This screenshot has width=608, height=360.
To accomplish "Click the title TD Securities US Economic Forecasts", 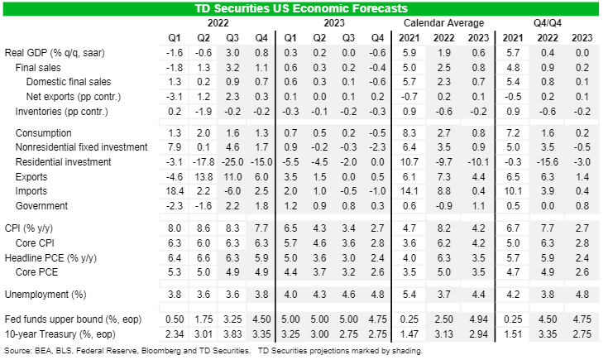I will pos(304,7).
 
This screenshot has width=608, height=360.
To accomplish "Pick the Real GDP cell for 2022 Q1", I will pos(175,52).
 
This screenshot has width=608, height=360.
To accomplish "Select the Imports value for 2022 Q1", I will pos(175,191).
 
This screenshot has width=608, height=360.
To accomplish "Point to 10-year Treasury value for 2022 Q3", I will pos(235,334).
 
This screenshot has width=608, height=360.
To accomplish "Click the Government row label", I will pos(44,205).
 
